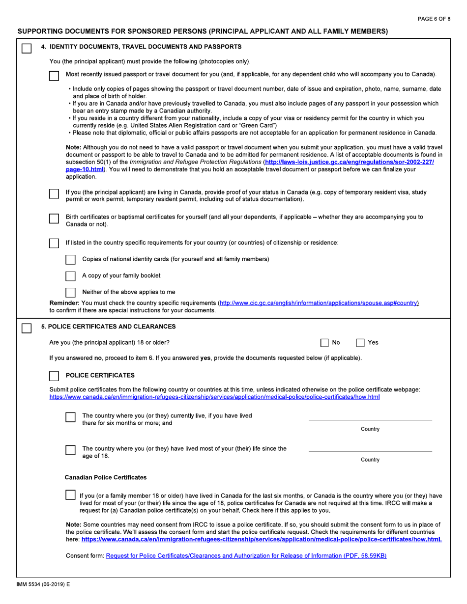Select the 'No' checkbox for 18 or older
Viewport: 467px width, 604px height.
point(325,343)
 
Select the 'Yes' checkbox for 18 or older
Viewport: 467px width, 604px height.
point(360,343)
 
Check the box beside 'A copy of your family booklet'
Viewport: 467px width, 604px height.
point(71,275)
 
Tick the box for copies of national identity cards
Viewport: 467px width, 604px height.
point(71,259)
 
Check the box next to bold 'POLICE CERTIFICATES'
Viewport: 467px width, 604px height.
point(55,376)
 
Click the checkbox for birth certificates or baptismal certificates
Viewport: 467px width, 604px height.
point(55,219)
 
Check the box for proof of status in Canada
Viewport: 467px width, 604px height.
point(55,194)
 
